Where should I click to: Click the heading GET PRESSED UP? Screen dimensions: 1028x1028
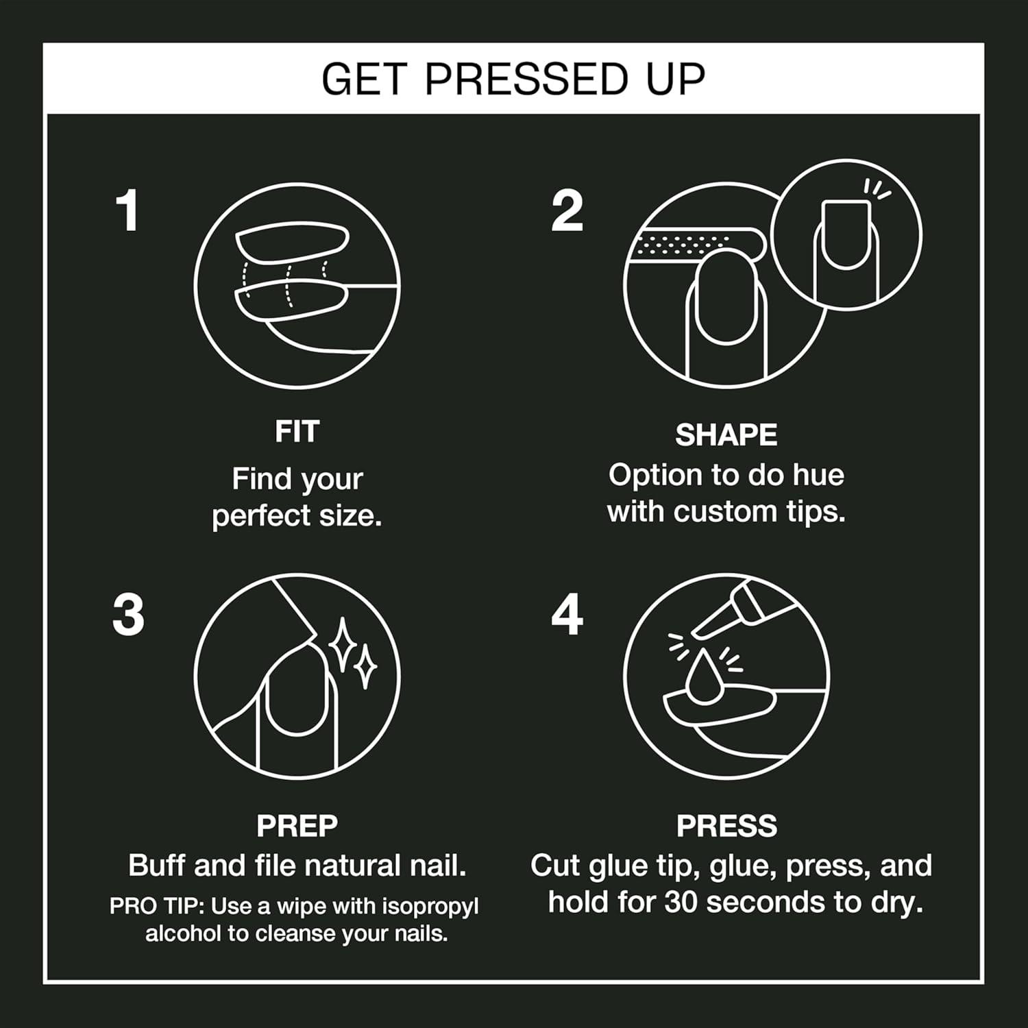click(x=513, y=79)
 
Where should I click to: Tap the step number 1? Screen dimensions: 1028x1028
click(x=127, y=211)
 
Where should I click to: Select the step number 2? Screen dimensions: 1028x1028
click(x=567, y=211)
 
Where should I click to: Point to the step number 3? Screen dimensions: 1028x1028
click(x=128, y=615)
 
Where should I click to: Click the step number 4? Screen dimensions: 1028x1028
click(x=567, y=615)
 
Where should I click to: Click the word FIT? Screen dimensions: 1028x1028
click(x=297, y=432)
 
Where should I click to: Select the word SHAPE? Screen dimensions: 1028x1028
click(x=726, y=435)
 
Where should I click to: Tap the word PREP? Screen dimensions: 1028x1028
click(x=297, y=826)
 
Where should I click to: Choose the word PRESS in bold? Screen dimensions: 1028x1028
click(x=726, y=826)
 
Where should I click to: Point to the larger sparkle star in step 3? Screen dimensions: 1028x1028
click(x=342, y=644)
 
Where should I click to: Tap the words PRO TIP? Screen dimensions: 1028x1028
click(x=156, y=907)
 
